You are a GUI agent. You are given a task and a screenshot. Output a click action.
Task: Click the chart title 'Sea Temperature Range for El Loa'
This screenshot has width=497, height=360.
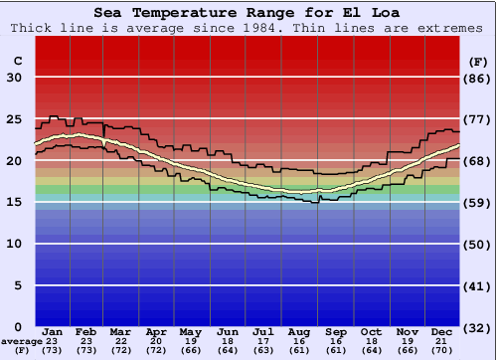[248, 13]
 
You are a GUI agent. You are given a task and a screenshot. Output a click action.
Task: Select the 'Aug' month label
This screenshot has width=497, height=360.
[300, 331]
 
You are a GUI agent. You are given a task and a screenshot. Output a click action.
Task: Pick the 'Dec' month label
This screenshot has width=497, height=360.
[443, 331]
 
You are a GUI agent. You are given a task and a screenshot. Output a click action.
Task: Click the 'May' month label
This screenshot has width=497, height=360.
[191, 331]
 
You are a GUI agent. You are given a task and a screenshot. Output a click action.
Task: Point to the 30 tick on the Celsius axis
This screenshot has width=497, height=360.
[15, 78]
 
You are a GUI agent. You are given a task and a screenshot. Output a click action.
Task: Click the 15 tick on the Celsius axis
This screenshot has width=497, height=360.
[15, 202]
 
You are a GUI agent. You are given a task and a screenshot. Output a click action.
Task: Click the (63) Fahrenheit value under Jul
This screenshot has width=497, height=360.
[263, 350]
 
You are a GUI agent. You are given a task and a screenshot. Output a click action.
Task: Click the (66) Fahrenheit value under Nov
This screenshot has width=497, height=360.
[407, 350]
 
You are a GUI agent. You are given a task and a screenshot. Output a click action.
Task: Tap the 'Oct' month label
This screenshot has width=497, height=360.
[371, 331]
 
